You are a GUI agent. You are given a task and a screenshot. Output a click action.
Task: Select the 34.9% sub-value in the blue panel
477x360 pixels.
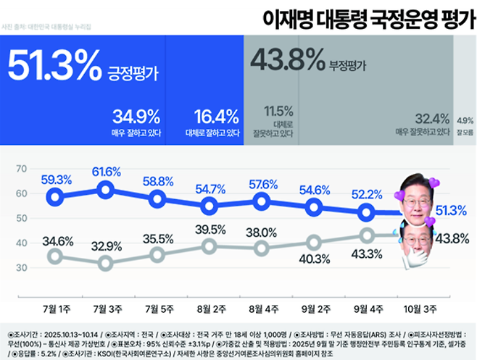tap(136, 117)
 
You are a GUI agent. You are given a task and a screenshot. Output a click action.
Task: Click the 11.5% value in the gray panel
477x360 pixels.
tap(278, 111)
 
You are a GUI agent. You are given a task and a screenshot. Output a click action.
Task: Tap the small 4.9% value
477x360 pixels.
tap(465, 120)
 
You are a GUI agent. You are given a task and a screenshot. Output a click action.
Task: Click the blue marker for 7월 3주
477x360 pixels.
tap(105, 190)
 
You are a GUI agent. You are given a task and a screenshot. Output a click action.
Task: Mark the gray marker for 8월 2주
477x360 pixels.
tap(210, 246)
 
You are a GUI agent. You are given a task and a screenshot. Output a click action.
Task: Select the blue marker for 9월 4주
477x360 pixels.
tap(367, 212)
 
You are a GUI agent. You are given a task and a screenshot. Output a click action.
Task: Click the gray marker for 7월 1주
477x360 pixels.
tap(54, 256)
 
